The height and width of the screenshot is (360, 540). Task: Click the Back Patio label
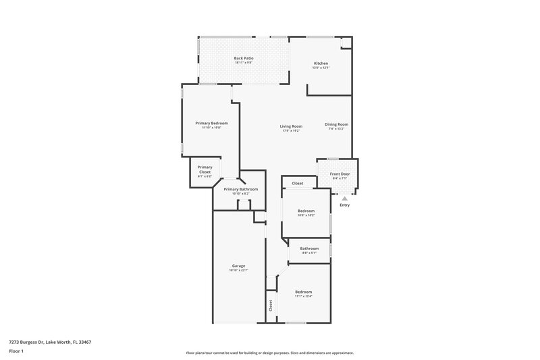pos(243,59)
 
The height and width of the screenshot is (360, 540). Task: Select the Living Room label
pos(292,126)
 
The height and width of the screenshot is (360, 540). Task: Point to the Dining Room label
pos(336,124)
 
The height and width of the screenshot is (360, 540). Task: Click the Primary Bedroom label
pos(211,123)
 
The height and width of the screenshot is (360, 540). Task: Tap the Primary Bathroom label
pos(240,189)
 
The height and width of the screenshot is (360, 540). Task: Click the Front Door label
pos(339,174)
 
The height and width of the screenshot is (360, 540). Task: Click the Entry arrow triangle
pos(344,199)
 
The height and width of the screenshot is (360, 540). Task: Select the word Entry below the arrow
pos(344,207)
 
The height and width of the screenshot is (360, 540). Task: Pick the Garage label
pos(239,266)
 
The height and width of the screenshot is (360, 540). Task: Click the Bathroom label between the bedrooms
pos(309,249)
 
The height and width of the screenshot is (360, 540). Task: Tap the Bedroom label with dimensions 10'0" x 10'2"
pos(306,211)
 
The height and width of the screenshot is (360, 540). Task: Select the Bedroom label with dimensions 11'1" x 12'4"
pos(303,292)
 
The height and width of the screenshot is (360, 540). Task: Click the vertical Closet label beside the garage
pos(271,305)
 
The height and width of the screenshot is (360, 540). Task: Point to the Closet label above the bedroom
pos(297,184)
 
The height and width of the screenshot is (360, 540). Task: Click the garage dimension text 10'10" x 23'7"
pos(239,270)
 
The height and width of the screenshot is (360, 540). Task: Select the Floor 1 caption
pos(16,352)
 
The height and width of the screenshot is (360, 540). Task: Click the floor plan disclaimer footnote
pos(269,353)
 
